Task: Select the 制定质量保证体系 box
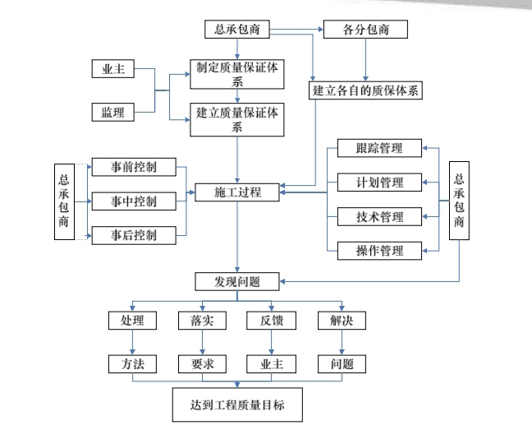[x=236, y=75]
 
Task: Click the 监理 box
[x=112, y=113]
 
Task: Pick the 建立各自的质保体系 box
[x=366, y=90]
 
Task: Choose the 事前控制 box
[x=135, y=167]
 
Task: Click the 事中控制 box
[x=135, y=201]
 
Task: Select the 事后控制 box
[x=135, y=235]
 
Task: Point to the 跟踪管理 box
[x=380, y=149]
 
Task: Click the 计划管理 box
[x=380, y=183]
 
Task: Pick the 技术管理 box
[x=380, y=217]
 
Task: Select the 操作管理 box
[x=380, y=251]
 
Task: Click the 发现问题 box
[x=237, y=282]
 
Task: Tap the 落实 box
[x=196, y=321]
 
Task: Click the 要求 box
[x=196, y=363]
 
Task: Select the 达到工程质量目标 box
[x=236, y=405]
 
